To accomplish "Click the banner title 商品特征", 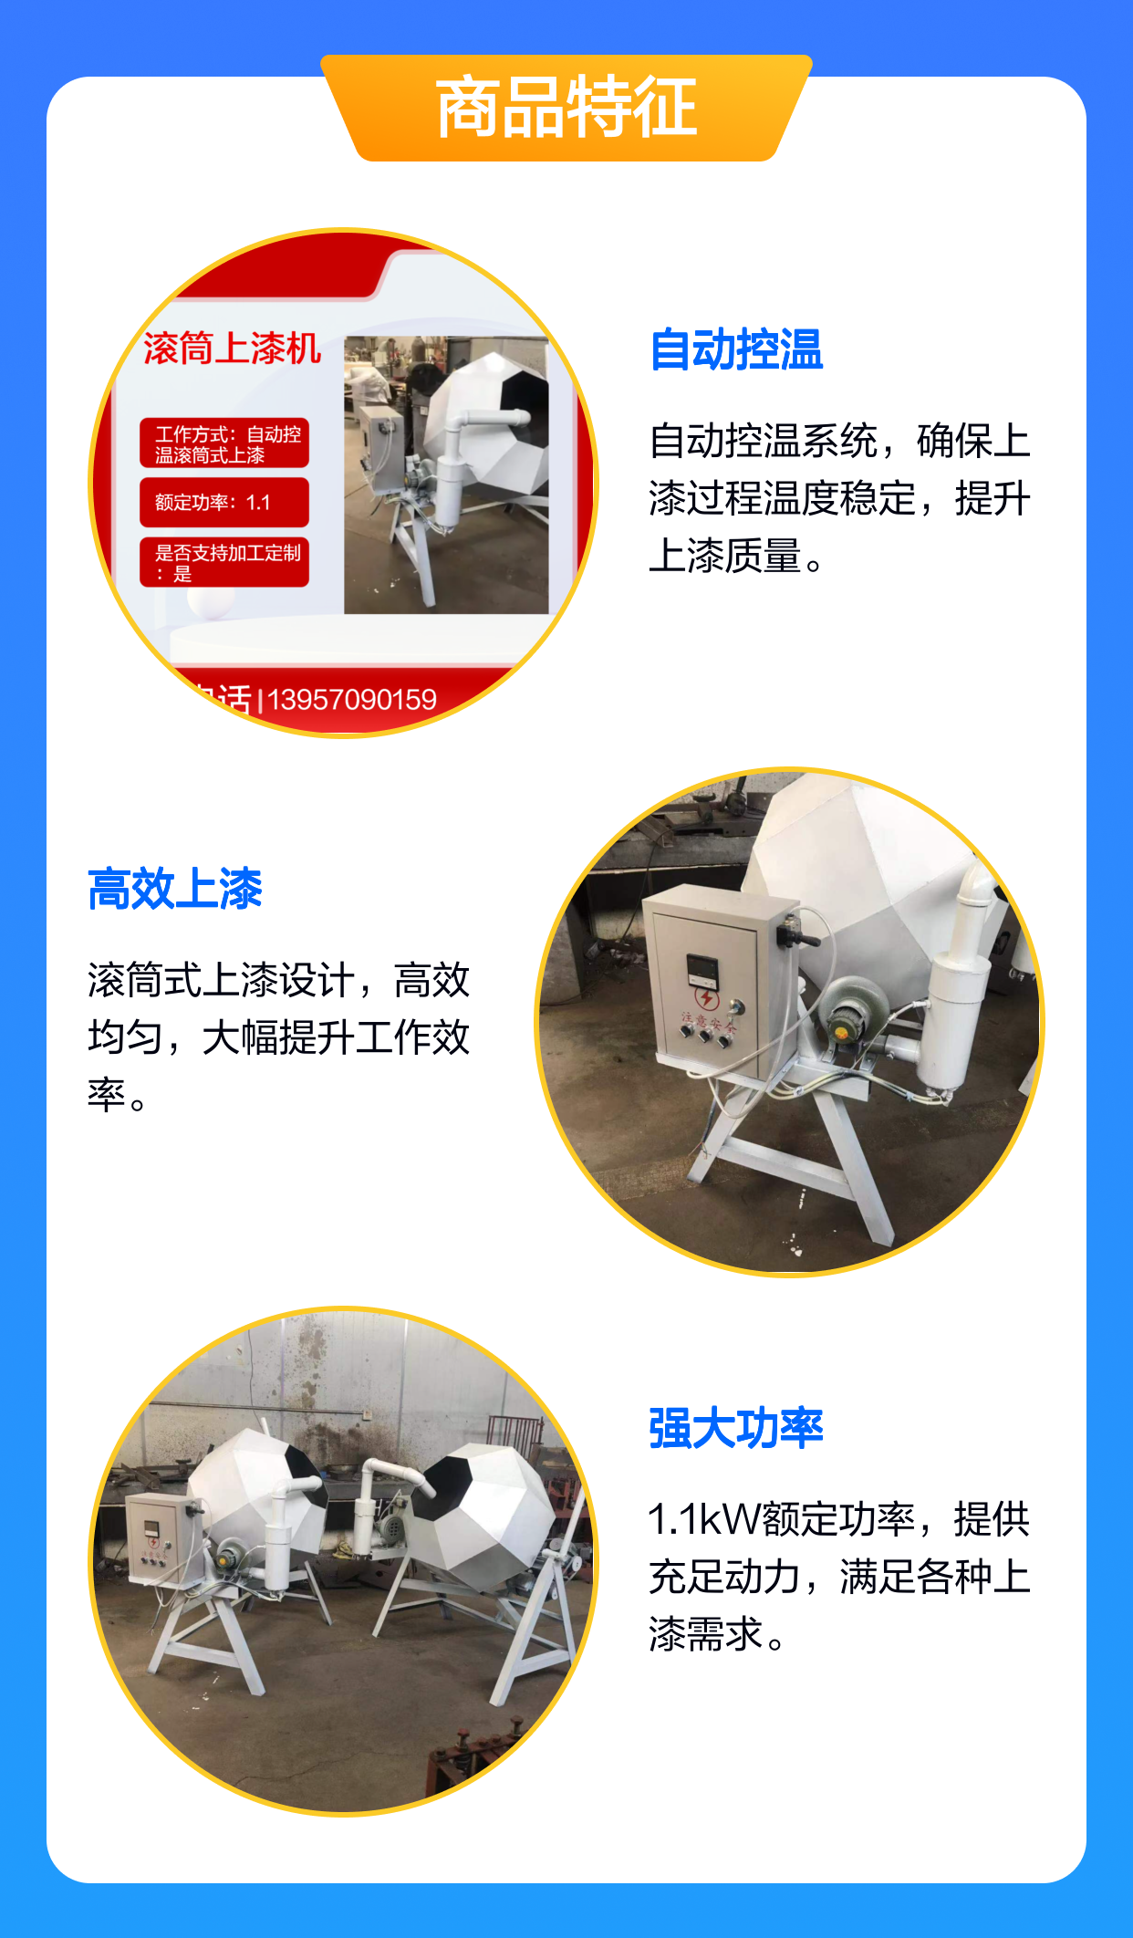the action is [x=566, y=108].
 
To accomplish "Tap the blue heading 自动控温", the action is [x=736, y=349].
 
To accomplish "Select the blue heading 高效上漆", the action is [x=175, y=889].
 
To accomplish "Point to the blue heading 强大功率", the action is [x=736, y=1428].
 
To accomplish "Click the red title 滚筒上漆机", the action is [x=232, y=349].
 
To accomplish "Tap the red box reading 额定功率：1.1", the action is [x=224, y=503].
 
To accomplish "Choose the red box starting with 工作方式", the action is [x=224, y=443].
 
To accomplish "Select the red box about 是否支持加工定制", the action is [x=224, y=562].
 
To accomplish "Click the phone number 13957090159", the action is [x=352, y=700].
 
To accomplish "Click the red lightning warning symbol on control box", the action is [x=706, y=998].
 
